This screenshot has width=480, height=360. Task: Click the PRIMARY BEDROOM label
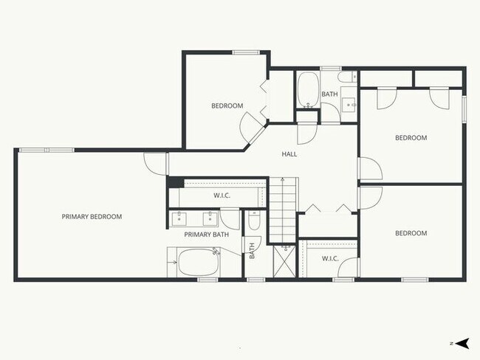(92, 216)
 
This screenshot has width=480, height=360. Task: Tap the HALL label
(289, 154)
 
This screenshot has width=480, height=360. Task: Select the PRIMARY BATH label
(206, 235)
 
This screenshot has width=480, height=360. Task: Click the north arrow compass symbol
(462, 343)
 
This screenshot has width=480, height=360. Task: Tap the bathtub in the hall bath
(307, 90)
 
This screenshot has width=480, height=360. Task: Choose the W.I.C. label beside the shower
(330, 258)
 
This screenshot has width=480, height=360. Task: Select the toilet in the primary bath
(253, 221)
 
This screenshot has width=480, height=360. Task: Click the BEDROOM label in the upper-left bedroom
(227, 105)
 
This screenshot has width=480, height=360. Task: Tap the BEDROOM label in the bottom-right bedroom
(411, 233)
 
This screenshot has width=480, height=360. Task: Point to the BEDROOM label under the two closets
(411, 137)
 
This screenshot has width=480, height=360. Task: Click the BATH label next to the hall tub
(329, 94)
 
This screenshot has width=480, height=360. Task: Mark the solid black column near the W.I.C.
(174, 183)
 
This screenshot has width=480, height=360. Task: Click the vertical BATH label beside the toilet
(252, 251)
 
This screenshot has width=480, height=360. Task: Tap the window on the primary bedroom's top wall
(46, 150)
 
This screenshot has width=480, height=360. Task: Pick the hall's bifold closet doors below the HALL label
(326, 208)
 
